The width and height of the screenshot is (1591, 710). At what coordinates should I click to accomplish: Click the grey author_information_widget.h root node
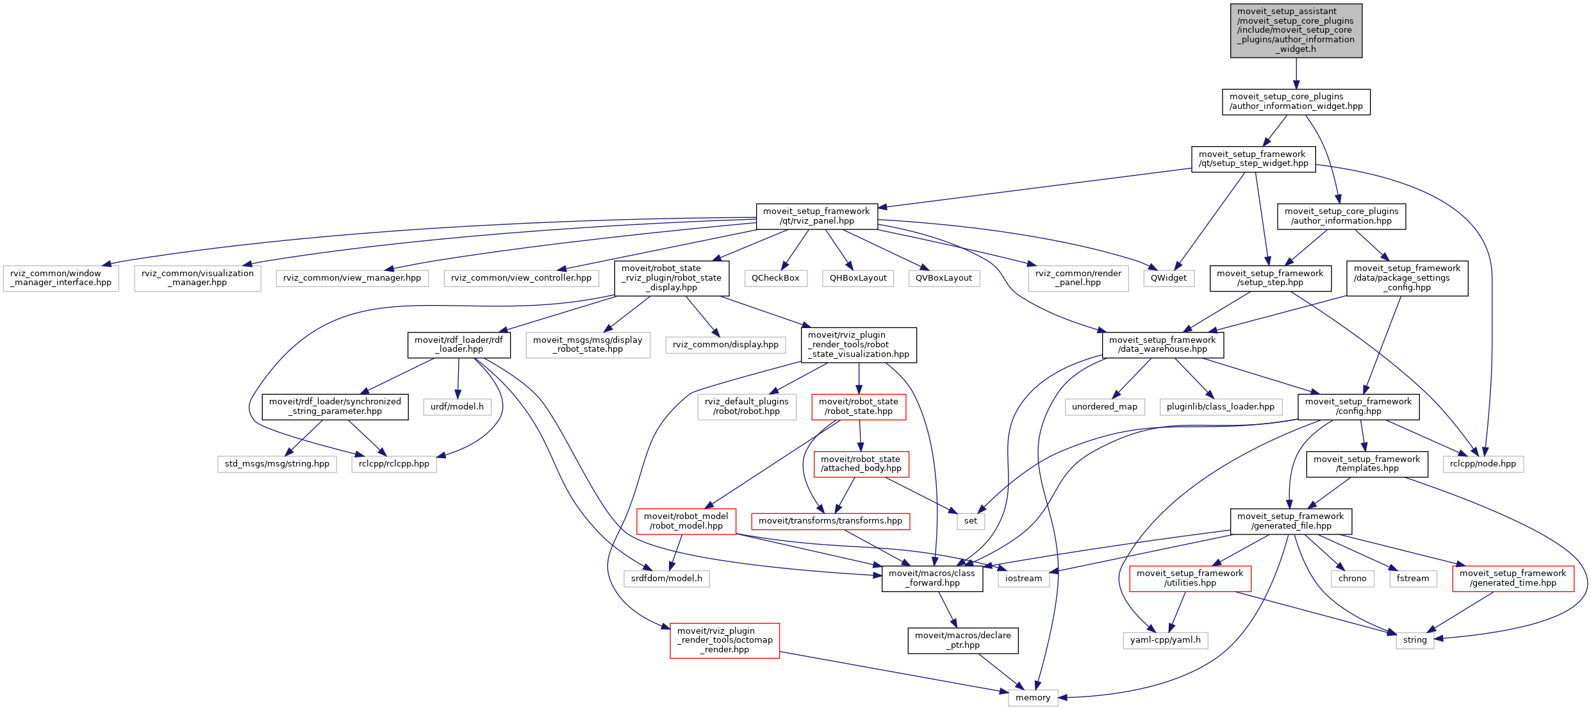(x=1296, y=30)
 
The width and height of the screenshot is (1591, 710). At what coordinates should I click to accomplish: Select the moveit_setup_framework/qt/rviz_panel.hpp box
(x=816, y=217)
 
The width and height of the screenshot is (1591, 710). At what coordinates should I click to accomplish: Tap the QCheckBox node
(x=775, y=278)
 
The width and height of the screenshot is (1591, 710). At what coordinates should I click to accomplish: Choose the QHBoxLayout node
(x=858, y=278)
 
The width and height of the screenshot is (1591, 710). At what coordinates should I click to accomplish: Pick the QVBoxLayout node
(x=943, y=278)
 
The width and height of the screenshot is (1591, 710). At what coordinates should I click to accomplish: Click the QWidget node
(x=1168, y=278)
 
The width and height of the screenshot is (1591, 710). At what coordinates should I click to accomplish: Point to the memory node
(x=1033, y=697)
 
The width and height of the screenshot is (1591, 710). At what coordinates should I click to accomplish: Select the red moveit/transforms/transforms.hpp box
(x=830, y=521)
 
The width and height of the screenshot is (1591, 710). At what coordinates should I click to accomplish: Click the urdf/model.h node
(x=457, y=407)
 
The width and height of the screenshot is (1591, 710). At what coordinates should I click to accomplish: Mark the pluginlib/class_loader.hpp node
(x=1220, y=407)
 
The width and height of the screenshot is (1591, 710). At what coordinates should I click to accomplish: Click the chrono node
(x=1352, y=579)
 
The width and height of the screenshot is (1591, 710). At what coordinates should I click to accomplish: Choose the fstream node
(x=1412, y=579)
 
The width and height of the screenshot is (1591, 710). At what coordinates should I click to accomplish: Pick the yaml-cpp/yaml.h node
(x=1165, y=640)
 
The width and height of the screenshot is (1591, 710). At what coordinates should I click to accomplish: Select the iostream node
(x=1023, y=579)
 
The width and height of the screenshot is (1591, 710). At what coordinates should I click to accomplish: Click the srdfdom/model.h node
(x=666, y=579)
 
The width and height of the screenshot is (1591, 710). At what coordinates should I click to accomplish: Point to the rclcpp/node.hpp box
(x=1483, y=464)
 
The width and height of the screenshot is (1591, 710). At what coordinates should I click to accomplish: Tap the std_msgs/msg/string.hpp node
(x=277, y=464)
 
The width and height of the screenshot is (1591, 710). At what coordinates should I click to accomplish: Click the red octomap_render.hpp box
(x=725, y=640)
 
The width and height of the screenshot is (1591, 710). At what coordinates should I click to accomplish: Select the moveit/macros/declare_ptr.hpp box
(x=962, y=640)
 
